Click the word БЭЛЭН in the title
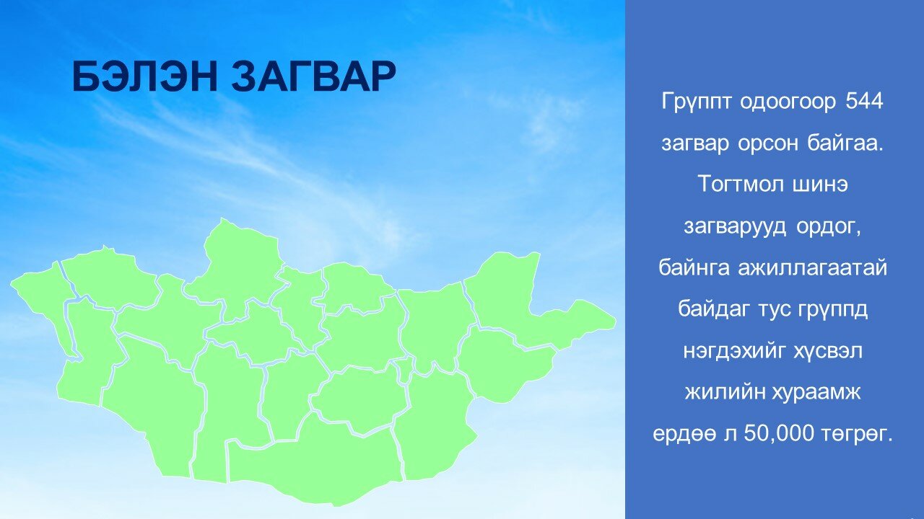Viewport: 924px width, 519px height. point(144,76)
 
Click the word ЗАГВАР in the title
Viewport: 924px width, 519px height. point(313,76)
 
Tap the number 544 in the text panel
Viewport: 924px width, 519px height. point(864,101)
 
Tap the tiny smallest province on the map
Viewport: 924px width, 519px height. point(405,368)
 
